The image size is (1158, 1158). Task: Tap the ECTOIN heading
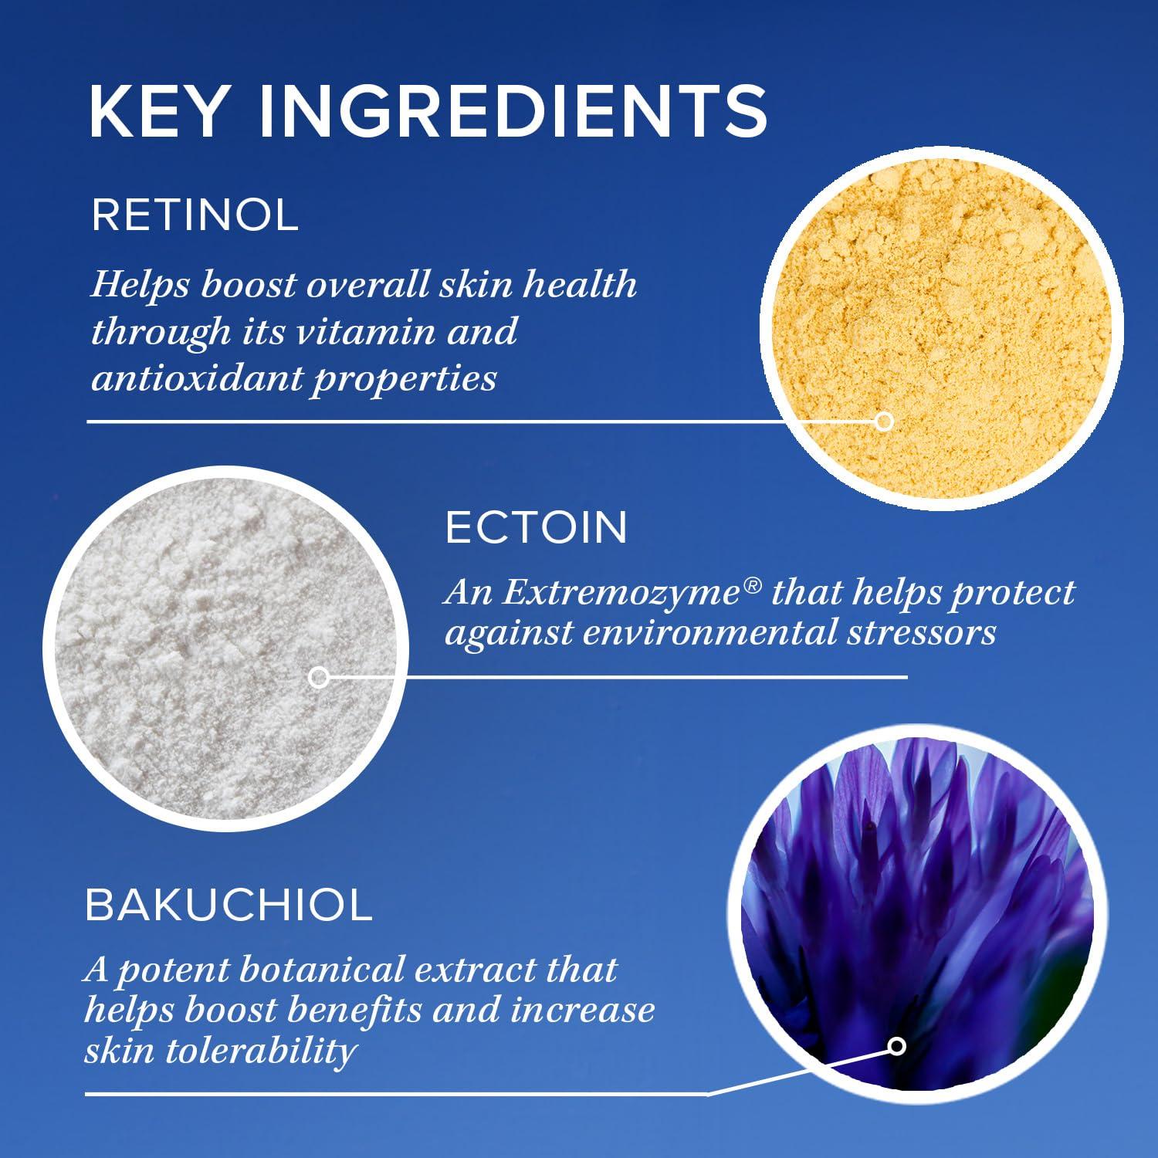(537, 528)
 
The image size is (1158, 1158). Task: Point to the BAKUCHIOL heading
(229, 905)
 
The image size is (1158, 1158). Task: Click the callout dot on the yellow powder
(885, 422)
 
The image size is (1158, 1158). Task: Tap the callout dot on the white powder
(318, 678)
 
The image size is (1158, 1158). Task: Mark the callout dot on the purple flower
(896, 1046)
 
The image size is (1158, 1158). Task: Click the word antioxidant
(196, 379)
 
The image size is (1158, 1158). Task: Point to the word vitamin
(379, 332)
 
